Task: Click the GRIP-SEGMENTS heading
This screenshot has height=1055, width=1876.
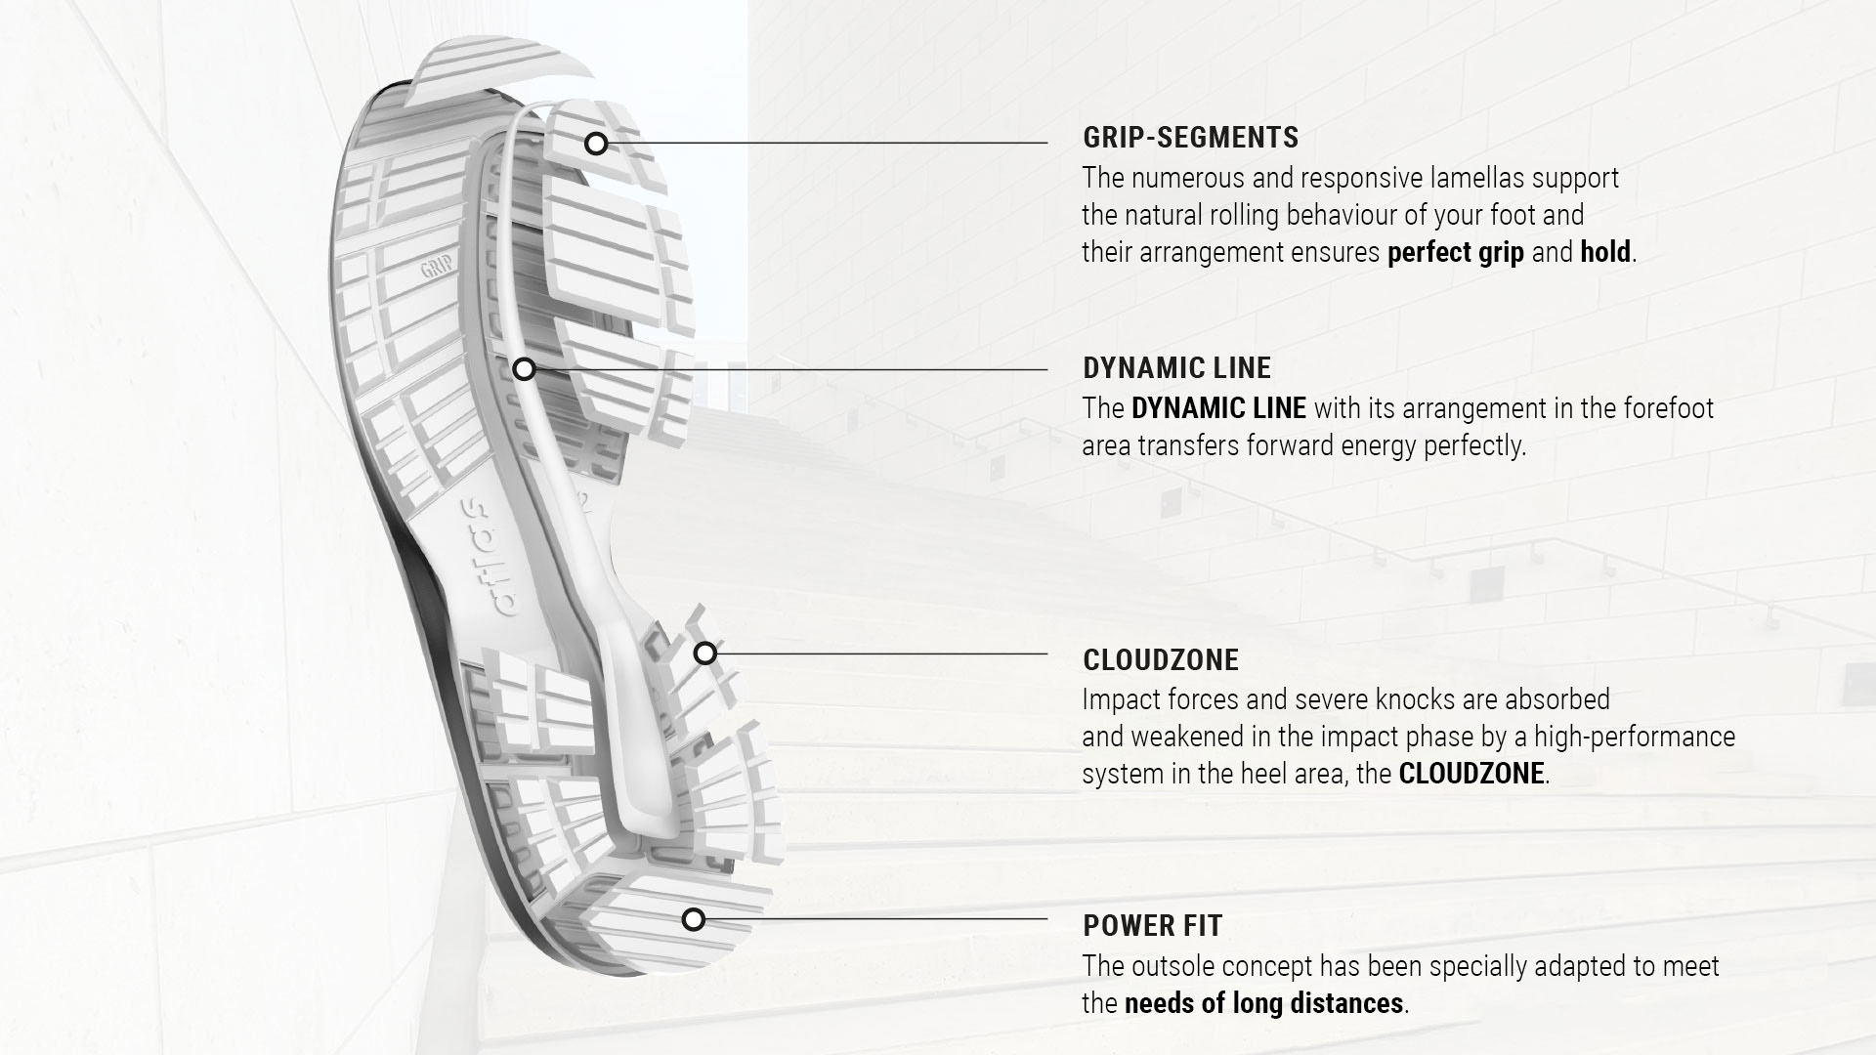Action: [1190, 138]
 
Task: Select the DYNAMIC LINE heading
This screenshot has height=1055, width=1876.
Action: [1176, 368]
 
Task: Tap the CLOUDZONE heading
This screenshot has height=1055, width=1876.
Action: [1161, 660]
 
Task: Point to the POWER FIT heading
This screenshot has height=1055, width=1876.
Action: [1152, 925]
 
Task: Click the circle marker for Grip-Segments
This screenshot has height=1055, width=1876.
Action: [596, 145]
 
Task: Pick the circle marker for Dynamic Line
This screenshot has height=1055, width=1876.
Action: [525, 369]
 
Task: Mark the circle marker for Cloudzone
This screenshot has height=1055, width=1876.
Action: [705, 654]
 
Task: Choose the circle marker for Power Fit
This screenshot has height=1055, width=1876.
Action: [694, 919]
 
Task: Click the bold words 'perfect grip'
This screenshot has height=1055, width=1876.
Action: [1455, 253]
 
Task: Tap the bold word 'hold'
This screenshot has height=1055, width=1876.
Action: [1604, 253]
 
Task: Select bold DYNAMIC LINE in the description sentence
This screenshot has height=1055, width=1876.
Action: [1217, 408]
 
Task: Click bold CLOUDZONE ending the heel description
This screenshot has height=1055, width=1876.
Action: [1471, 775]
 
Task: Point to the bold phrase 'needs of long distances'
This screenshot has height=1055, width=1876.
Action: [1263, 1004]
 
